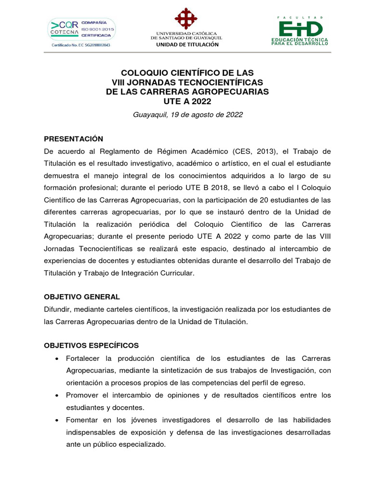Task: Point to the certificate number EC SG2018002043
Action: [81, 45]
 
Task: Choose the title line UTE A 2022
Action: [187, 101]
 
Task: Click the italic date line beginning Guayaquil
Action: [187, 115]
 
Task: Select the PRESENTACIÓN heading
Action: [73, 139]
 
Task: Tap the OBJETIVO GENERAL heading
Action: [82, 297]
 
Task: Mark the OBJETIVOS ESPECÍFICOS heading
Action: [91, 345]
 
